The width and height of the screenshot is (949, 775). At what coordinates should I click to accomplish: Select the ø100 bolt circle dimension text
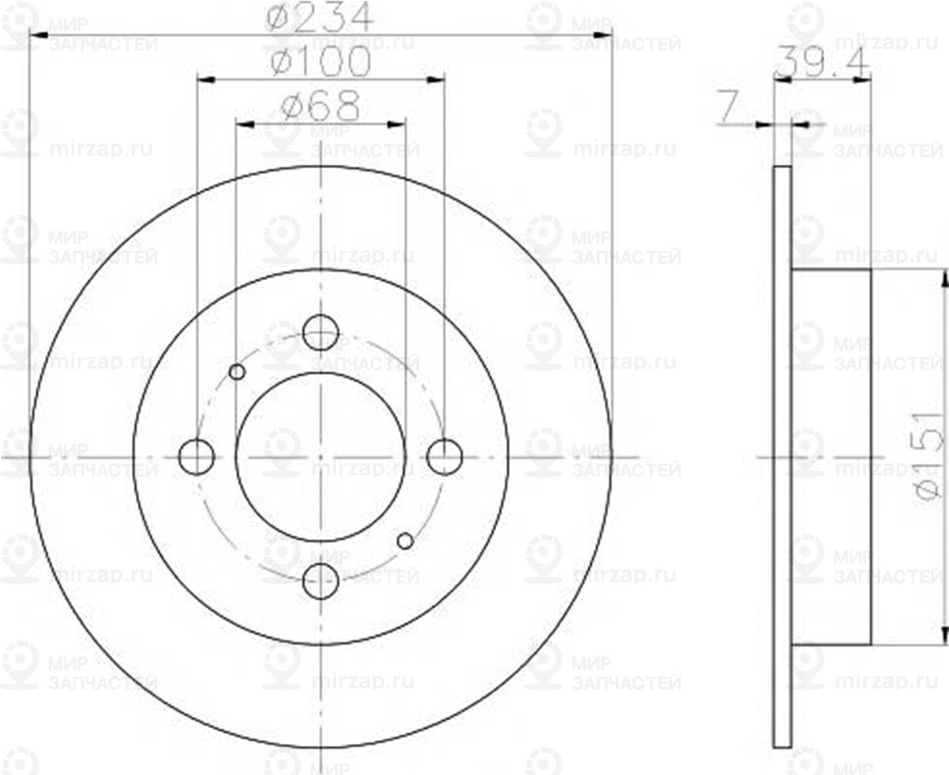(321, 63)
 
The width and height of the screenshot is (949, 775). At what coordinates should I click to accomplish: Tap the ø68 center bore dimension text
(321, 106)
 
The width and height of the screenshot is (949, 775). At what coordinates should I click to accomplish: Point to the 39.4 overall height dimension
(822, 63)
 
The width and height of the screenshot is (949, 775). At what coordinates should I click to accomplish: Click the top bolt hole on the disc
(321, 332)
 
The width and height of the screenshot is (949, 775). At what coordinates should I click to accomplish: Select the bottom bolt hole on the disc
(321, 581)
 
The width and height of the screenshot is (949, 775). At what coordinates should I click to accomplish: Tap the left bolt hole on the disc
(197, 456)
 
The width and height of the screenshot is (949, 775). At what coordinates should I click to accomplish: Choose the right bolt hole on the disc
(444, 456)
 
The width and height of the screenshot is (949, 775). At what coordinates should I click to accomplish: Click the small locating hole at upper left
(236, 372)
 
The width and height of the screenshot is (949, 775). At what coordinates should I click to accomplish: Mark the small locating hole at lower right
(406, 541)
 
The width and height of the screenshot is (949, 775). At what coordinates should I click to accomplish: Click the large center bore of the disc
(321, 456)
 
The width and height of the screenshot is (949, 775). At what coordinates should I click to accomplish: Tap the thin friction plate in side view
(782, 456)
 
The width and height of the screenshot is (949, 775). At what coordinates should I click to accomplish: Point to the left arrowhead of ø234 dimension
(39, 39)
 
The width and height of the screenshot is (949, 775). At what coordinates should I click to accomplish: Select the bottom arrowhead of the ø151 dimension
(942, 635)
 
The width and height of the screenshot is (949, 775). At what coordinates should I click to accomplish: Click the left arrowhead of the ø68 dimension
(243, 124)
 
